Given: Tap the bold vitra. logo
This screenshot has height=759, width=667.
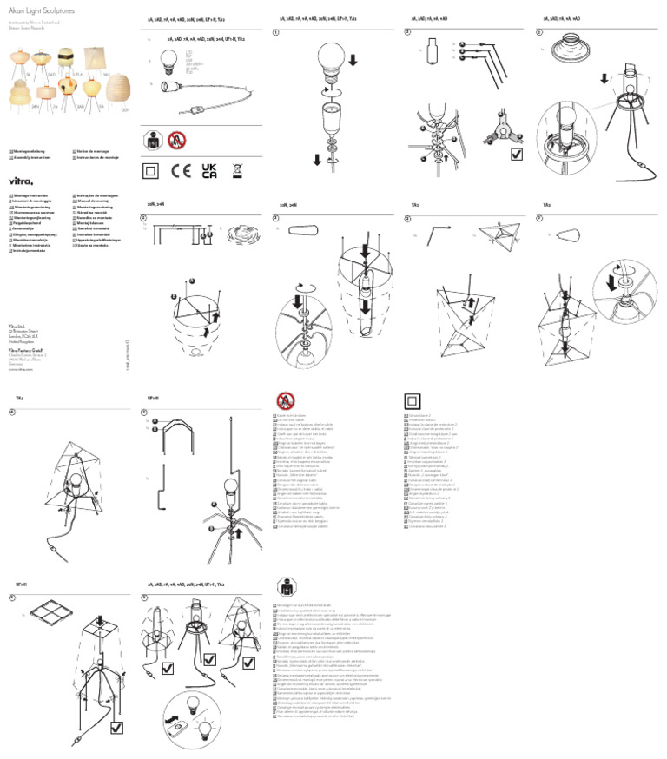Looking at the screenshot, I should tap(20, 180).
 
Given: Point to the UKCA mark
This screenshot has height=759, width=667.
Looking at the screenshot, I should tap(209, 170).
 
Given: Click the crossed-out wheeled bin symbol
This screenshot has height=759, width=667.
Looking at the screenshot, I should tap(237, 170).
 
